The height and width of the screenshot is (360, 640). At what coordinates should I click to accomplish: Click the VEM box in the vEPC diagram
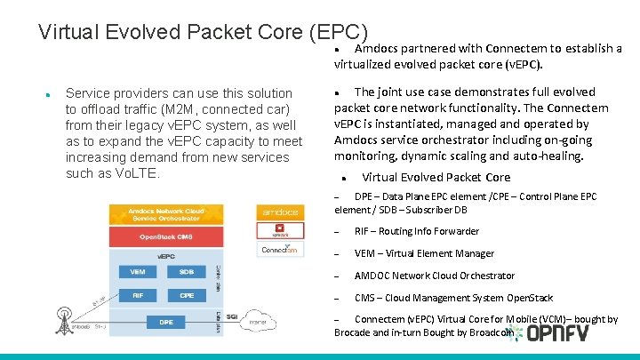[138, 271]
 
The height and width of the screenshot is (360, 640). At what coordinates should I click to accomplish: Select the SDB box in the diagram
[187, 271]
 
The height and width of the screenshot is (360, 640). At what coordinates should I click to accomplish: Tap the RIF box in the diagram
[138, 295]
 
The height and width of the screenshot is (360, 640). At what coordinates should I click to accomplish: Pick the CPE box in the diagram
[187, 295]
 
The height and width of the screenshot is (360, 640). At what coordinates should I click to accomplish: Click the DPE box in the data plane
[166, 322]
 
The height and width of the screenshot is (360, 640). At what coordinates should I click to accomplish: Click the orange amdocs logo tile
[278, 212]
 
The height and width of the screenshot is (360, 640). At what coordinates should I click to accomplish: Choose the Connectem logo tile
[278, 251]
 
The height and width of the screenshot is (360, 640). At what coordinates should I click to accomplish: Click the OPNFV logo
[558, 334]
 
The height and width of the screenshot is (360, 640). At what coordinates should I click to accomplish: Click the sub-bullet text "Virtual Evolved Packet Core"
[436, 177]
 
